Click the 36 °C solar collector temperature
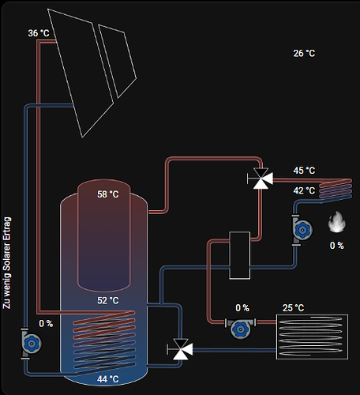coord(39,33)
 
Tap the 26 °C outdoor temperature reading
coord(304,54)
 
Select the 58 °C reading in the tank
coord(108,194)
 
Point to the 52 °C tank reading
coord(108,300)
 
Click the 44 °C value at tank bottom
coord(108,379)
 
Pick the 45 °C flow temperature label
coord(304,171)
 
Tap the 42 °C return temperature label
coord(304,190)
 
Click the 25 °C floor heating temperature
coord(293,308)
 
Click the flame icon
coord(337,222)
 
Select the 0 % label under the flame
coord(337,246)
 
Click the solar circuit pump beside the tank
coord(30,343)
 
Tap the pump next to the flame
coord(302,230)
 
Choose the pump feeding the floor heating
coord(240,328)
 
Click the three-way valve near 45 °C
coord(261,179)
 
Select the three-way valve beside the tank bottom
coord(181,349)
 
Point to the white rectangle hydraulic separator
coord(239,255)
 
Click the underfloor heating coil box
coord(312,337)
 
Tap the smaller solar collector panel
coord(118,61)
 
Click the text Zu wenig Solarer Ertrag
coord(7,263)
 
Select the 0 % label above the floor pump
coord(242,308)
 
